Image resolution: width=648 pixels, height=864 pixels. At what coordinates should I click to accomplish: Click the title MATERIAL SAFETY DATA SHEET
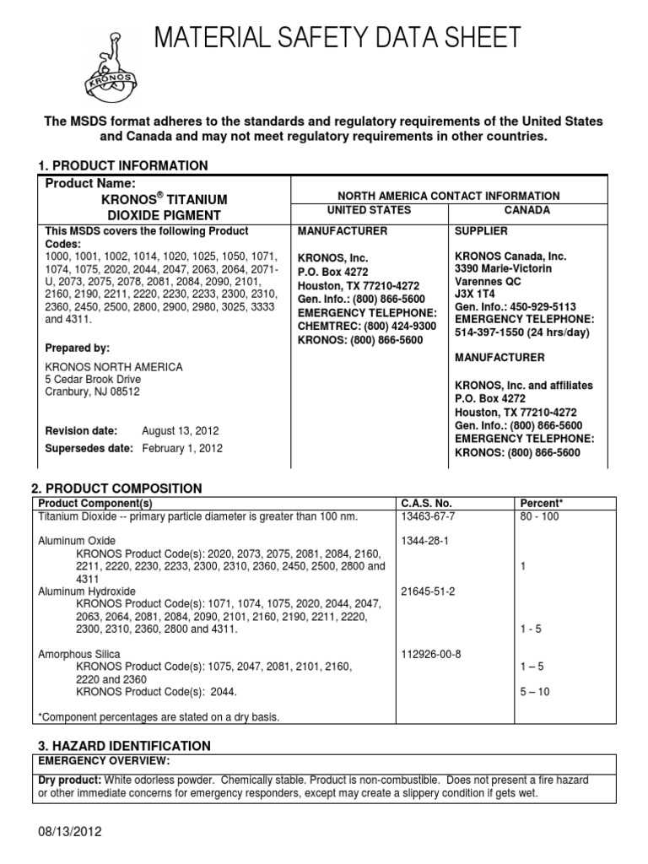[336, 38]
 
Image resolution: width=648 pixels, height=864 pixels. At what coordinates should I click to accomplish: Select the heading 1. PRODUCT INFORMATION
[123, 165]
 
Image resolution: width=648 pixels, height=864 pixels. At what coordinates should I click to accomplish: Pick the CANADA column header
[527, 210]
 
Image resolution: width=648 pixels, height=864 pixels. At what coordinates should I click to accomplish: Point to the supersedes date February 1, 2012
[181, 449]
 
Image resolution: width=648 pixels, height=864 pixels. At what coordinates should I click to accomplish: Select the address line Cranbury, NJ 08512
[92, 391]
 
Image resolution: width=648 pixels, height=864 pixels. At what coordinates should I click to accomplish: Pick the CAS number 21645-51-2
[428, 591]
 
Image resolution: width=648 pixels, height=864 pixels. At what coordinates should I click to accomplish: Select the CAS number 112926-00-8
[431, 654]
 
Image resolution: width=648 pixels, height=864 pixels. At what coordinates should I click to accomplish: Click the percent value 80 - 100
[540, 516]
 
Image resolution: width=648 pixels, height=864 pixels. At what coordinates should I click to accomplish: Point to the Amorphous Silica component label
[79, 654]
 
